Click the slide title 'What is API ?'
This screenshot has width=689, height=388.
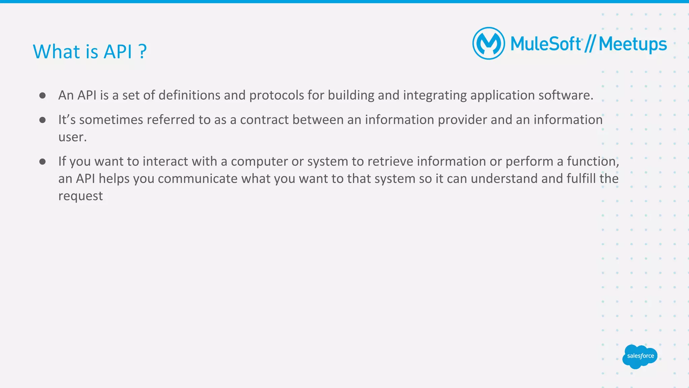pos(89,51)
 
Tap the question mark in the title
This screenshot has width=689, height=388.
pos(143,51)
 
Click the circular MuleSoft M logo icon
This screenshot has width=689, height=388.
pos(488,43)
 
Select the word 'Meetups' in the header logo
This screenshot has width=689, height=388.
pos(632,44)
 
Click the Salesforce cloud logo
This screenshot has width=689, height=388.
pos(640,356)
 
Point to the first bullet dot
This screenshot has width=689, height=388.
pos(42,96)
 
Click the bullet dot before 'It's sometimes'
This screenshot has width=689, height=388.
pos(42,120)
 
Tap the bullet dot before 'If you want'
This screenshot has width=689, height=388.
pos(42,162)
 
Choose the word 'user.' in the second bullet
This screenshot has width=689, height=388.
pos(72,137)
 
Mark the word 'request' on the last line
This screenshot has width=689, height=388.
pos(80,196)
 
